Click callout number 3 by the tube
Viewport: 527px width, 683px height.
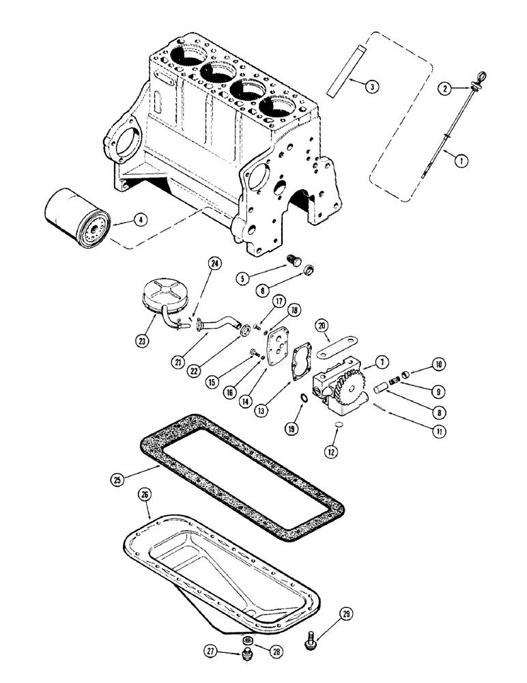tap(371, 86)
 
